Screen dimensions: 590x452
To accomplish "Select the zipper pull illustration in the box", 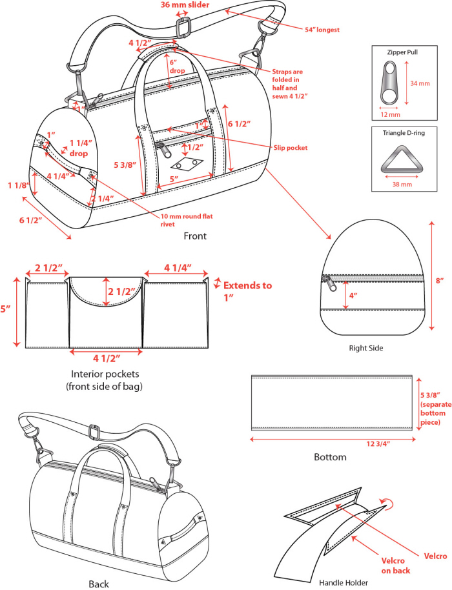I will pyautogui.click(x=390, y=84).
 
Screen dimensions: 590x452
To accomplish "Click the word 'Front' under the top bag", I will pyautogui.click(x=195, y=236).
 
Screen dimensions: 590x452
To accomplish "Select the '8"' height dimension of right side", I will pyautogui.click(x=440, y=281).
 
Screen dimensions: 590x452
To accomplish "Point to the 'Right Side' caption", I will pyautogui.click(x=366, y=348).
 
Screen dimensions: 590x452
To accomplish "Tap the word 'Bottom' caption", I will pyautogui.click(x=330, y=457).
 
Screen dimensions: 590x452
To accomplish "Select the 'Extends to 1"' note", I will pyautogui.click(x=247, y=290).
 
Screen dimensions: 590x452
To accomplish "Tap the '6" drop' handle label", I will pyautogui.click(x=176, y=65).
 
